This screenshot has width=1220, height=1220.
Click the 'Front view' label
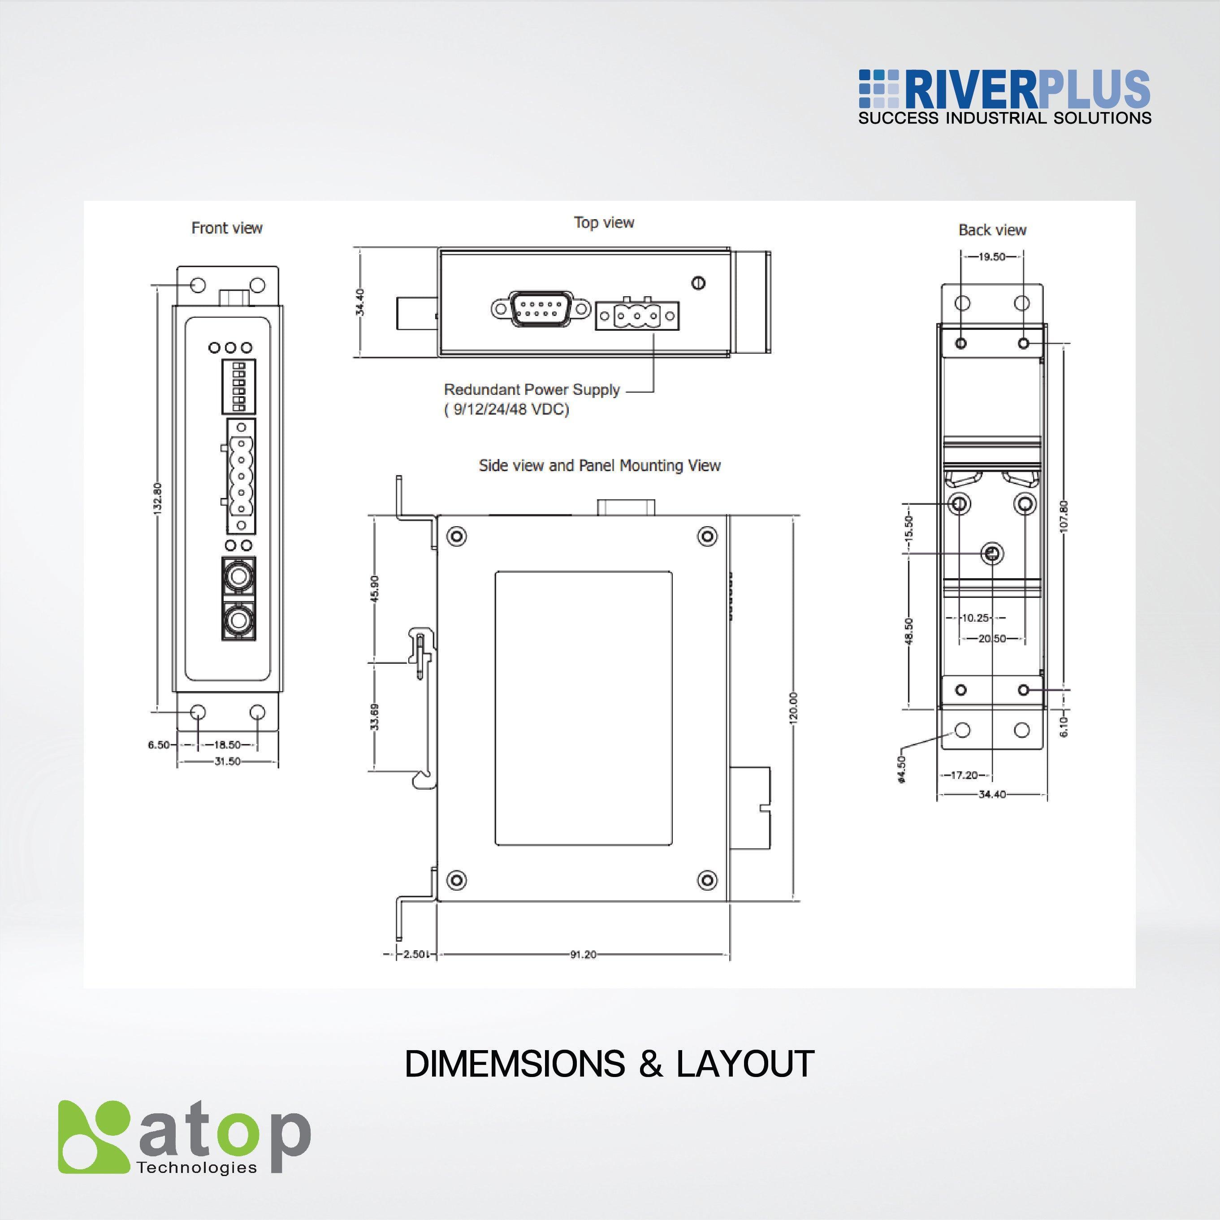pos(227,228)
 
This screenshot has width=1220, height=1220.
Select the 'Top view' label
pos(604,222)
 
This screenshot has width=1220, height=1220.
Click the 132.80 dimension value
pos(158,499)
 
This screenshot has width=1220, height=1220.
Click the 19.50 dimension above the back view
pos(991,257)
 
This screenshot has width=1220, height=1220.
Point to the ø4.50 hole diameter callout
pos(901,770)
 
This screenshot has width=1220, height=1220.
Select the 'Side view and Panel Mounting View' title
pos(599,465)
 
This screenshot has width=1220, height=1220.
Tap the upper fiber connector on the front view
pos(239,575)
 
